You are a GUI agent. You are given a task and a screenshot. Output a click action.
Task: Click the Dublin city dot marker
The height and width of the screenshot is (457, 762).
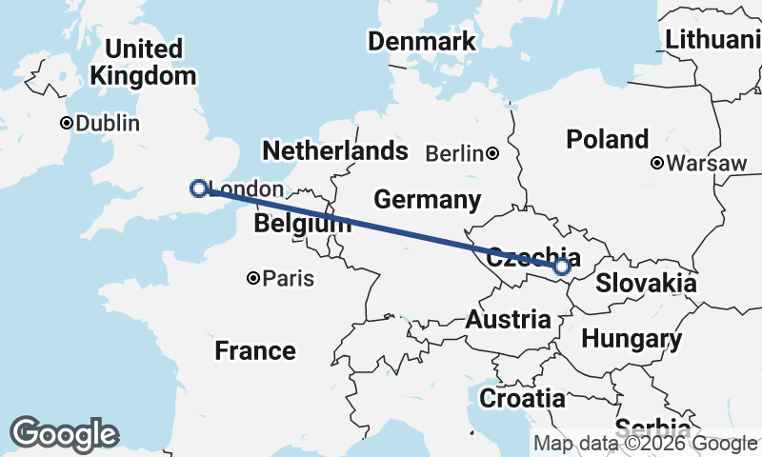tap(67, 123)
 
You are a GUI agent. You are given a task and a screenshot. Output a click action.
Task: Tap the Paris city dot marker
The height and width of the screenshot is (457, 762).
tap(253, 278)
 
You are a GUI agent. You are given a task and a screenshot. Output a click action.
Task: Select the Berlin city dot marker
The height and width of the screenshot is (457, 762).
tap(492, 153)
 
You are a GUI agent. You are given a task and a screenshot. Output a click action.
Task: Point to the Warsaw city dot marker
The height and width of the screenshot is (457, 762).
tap(657, 163)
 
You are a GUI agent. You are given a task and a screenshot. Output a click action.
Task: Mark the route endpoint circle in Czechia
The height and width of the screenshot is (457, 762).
tap(562, 267)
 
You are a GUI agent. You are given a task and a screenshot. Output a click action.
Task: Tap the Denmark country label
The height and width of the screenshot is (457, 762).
tap(422, 42)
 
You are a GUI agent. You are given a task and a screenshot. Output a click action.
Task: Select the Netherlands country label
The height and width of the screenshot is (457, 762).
tap(334, 150)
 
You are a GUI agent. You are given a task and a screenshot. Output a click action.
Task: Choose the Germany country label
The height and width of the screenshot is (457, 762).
tap(427, 200)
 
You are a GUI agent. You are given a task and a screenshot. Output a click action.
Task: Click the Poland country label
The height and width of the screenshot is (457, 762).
tap(608, 139)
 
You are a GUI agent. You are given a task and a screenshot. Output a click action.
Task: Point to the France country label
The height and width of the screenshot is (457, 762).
tap(254, 350)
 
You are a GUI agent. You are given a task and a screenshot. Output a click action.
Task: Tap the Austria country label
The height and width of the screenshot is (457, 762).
tap(508, 320)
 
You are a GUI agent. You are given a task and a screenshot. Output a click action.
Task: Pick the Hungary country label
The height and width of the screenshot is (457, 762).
tap(632, 339)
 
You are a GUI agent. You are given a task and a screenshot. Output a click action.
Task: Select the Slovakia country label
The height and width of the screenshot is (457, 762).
tap(646, 284)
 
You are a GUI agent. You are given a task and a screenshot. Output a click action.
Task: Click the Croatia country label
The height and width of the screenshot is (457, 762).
tap(521, 398)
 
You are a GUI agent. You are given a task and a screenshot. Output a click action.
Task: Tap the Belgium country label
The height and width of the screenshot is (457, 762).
tap(300, 225)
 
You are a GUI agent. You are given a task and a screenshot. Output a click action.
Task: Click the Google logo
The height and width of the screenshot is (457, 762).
tap(64, 434)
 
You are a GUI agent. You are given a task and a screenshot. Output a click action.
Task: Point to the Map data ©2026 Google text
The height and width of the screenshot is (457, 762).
tap(645, 443)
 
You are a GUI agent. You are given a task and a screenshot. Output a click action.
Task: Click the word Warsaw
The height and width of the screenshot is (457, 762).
tap(707, 163)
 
